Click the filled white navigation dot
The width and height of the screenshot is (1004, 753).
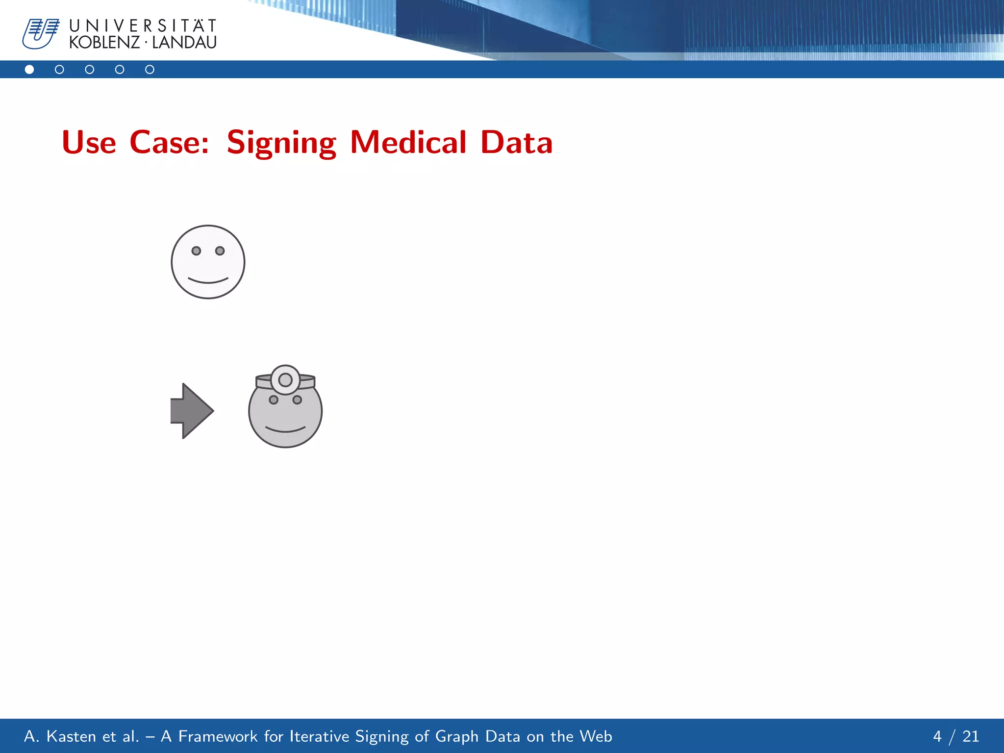pos(29,70)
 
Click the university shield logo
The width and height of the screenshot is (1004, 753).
pos(40,34)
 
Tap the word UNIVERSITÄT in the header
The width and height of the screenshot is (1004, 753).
pos(143,25)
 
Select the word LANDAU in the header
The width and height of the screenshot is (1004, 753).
pos(184,43)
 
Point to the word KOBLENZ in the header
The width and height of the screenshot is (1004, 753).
pos(104,43)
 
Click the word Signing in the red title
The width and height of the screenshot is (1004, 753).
pos(281,143)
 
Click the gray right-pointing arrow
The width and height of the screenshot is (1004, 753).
pos(192,411)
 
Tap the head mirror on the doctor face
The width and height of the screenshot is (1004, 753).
pos(285,380)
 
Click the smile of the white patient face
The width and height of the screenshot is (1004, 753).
pos(208,280)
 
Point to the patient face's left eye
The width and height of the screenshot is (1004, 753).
pos(196,251)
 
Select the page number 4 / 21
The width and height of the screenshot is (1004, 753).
pos(955,736)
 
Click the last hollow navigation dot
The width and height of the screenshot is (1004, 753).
pos(150,70)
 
